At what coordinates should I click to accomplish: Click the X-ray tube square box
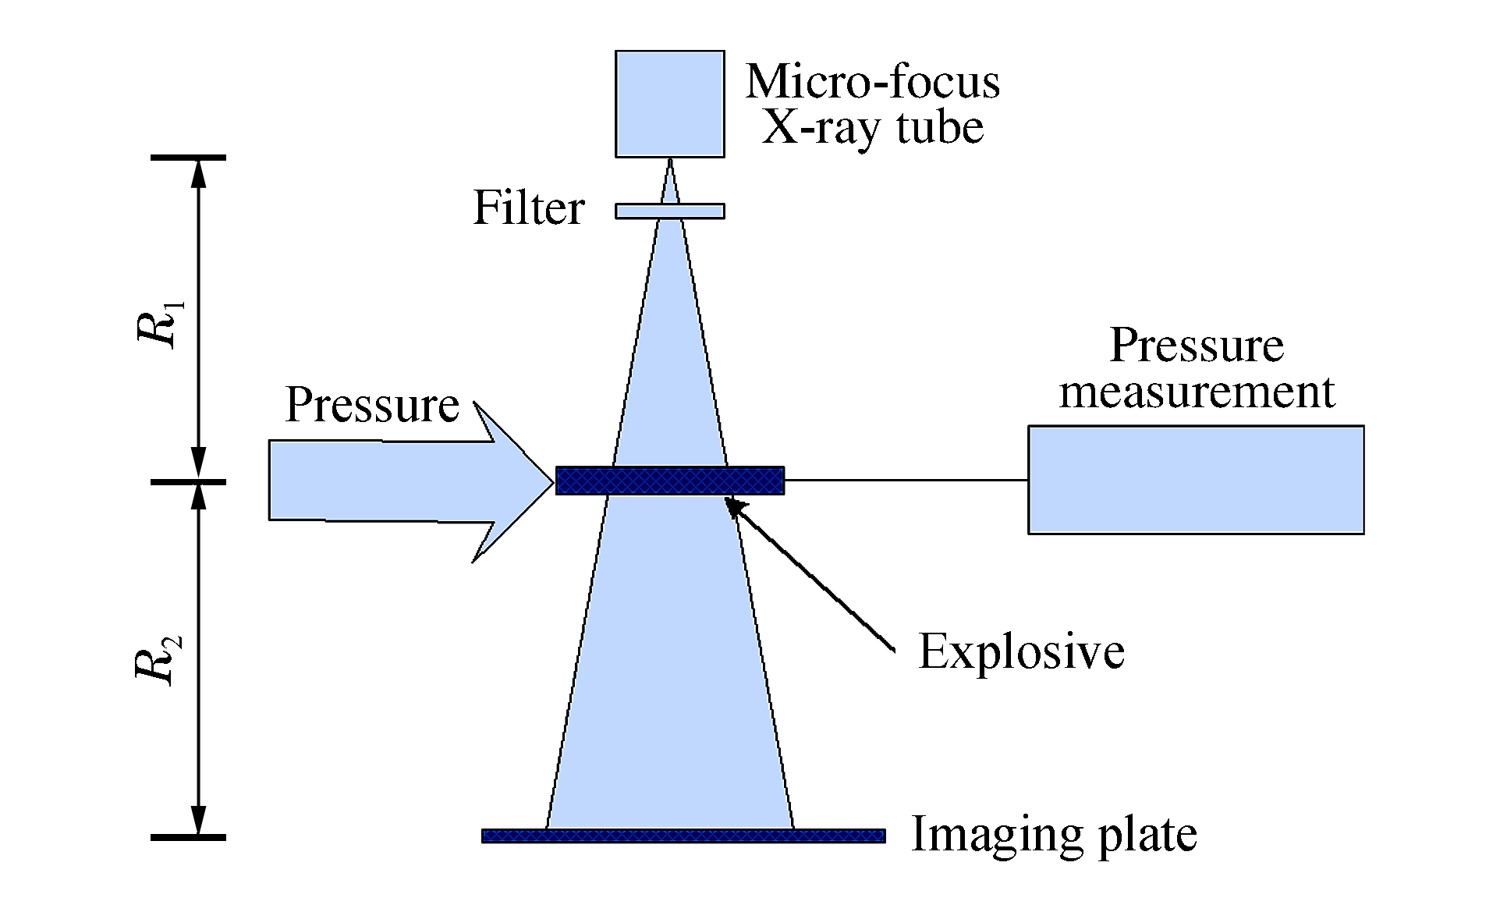669,104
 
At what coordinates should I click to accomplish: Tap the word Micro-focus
872,81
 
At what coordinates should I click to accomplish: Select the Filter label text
529,208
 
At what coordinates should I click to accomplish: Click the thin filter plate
669,211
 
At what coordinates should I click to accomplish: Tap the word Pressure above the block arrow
372,405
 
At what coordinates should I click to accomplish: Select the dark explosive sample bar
669,481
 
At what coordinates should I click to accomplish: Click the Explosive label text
1021,651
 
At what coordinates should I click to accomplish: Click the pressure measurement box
1195,480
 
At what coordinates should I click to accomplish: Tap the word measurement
1197,391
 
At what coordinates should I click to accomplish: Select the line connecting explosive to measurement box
905,481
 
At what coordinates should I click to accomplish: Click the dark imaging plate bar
683,836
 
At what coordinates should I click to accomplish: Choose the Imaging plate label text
1054,834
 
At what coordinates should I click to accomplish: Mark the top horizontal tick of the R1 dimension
188,158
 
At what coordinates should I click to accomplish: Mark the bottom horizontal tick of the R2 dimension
188,838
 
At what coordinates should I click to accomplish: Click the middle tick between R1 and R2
188,482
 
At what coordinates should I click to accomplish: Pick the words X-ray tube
872,127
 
